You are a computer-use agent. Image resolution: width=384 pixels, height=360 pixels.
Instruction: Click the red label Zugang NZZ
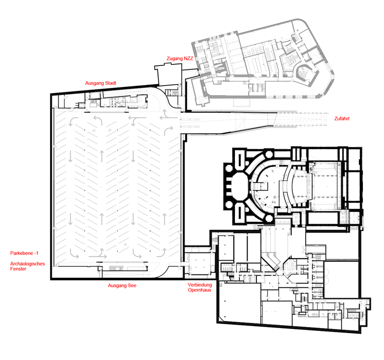tap(180, 59)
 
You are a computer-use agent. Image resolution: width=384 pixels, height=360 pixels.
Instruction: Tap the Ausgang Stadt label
tap(100, 83)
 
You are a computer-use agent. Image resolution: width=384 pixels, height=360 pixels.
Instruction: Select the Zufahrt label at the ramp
tap(342, 119)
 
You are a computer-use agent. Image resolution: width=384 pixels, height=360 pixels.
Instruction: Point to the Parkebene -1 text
tap(24, 253)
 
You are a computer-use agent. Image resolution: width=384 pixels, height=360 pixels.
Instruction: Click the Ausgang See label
tap(122, 285)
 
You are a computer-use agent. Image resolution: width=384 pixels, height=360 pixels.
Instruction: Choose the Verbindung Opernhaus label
tap(200, 287)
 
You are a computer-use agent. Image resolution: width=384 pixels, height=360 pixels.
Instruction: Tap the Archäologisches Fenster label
tap(28, 266)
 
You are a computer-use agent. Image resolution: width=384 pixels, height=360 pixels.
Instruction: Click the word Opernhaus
tap(199, 290)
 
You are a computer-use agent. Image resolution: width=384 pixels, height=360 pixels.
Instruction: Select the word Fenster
tap(18, 269)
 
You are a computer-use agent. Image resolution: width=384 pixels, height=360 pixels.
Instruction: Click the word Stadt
tap(110, 83)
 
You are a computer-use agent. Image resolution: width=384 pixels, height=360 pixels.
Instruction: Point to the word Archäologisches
tap(28, 264)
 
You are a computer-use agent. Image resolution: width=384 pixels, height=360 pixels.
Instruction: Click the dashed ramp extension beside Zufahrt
tap(301, 120)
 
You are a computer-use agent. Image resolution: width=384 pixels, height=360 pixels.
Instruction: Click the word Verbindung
tap(200, 285)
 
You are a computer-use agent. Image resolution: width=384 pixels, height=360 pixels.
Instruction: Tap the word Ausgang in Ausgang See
tap(117, 286)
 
